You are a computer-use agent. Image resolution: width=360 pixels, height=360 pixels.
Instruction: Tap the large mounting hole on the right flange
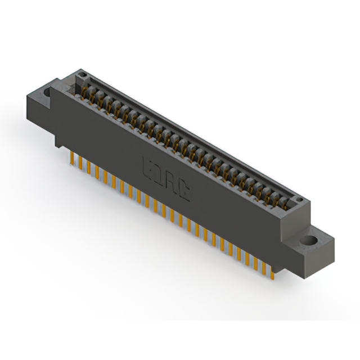click(x=308, y=240)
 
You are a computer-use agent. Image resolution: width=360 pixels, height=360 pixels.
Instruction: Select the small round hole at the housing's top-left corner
click(x=82, y=75)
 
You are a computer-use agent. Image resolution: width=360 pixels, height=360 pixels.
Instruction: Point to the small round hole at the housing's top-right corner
click(x=300, y=201)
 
